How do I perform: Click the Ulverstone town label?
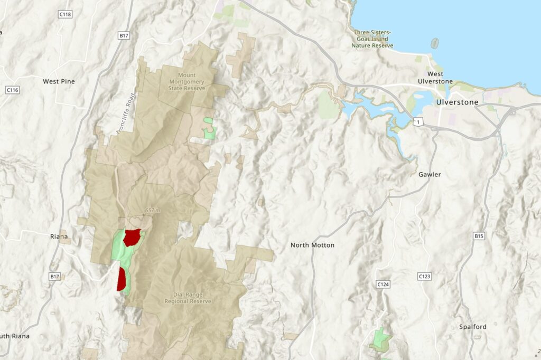click(x=457, y=102)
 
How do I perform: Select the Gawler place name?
click(x=429, y=174)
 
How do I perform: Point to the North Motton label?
click(x=312, y=245)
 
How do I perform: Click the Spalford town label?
click(x=472, y=327)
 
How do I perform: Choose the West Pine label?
click(x=59, y=81)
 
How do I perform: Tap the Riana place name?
click(x=59, y=236)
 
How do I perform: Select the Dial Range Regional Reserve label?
click(x=188, y=298)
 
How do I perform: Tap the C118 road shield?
click(x=65, y=14)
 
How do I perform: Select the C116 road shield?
click(x=12, y=90)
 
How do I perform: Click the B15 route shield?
click(x=479, y=236)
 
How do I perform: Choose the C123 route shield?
click(x=424, y=276)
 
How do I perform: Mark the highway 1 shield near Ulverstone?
click(x=418, y=122)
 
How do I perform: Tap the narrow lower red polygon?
click(x=122, y=279)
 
